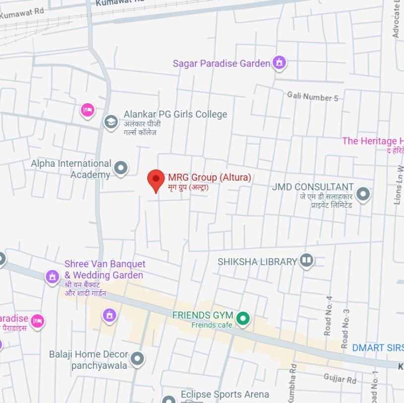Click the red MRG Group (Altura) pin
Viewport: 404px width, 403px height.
pyautogui.click(x=156, y=180)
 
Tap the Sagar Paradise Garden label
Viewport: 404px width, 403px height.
pyautogui.click(x=221, y=64)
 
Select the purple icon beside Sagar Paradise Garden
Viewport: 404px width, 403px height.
pyautogui.click(x=280, y=63)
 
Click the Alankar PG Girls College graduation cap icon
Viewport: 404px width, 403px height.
pyautogui.click(x=111, y=121)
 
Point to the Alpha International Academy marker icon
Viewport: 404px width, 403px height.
pyautogui.click(x=120, y=168)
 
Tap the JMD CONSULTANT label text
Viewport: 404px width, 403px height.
pyautogui.click(x=313, y=187)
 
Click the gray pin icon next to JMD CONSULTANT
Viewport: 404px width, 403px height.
pyautogui.click(x=363, y=194)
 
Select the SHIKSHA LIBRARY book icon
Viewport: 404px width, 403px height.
pyautogui.click(x=307, y=261)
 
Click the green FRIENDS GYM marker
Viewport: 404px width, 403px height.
pyautogui.click(x=242, y=318)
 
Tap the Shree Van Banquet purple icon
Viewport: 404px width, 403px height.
pyautogui.click(x=53, y=276)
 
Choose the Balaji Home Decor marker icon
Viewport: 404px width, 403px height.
pyautogui.click(x=137, y=358)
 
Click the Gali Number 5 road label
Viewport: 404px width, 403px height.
pyautogui.click(x=312, y=97)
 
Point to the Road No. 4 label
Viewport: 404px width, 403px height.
pyautogui.click(x=329, y=316)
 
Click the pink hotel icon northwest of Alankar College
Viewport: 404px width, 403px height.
pyautogui.click(x=87, y=110)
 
